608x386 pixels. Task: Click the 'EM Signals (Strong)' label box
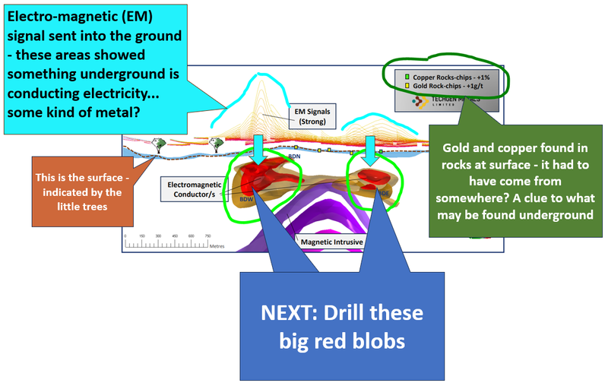coord(309,116)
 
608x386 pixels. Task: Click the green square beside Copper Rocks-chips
coord(407,78)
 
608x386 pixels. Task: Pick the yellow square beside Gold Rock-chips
coord(407,87)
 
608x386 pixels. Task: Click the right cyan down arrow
coord(371,150)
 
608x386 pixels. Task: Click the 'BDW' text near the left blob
coord(245,199)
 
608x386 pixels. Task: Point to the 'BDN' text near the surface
coord(296,156)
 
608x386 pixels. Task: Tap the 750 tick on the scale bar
coord(207,236)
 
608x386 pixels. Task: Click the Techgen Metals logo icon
coord(419,103)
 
